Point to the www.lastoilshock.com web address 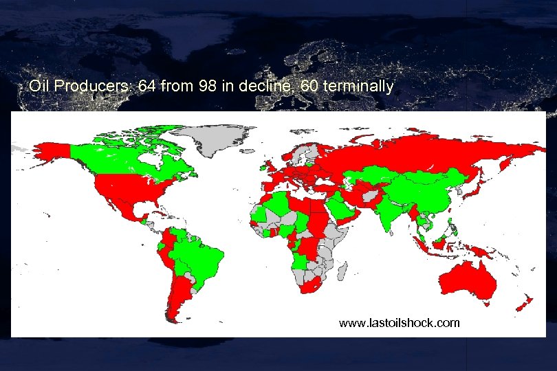pos(400,322)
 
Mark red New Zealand pos(526,302)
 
